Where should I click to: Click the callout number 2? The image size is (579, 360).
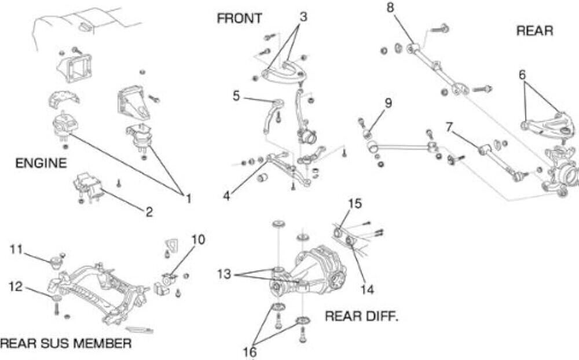point(149,212)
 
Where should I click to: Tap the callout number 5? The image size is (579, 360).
point(236,95)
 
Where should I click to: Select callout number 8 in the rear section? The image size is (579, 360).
point(390,8)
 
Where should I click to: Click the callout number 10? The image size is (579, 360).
point(197,239)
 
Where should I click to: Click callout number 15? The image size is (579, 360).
point(354,204)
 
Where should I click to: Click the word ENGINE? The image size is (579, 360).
point(41,163)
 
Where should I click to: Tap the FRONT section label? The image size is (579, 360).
point(239,19)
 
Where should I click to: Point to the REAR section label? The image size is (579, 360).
point(534,31)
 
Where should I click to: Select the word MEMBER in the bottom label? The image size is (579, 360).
point(100,343)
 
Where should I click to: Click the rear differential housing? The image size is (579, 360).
point(316,269)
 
